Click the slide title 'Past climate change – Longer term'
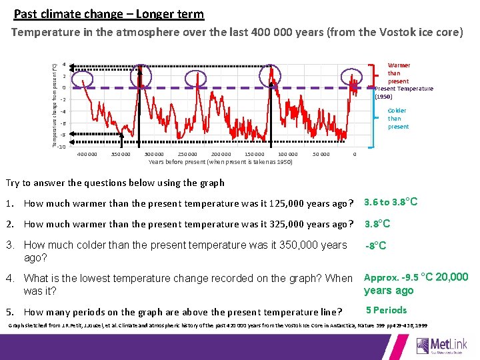point(109,13)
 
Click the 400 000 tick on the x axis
point(87,154)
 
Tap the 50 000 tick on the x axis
point(321,154)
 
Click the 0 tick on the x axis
point(355,154)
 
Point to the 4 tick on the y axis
point(63,65)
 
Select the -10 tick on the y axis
point(61,147)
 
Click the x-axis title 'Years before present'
point(220,162)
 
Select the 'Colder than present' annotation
point(398,119)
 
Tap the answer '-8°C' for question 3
point(376,246)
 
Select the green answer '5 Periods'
point(386,310)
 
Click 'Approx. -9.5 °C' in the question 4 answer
point(397,277)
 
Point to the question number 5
point(9,312)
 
